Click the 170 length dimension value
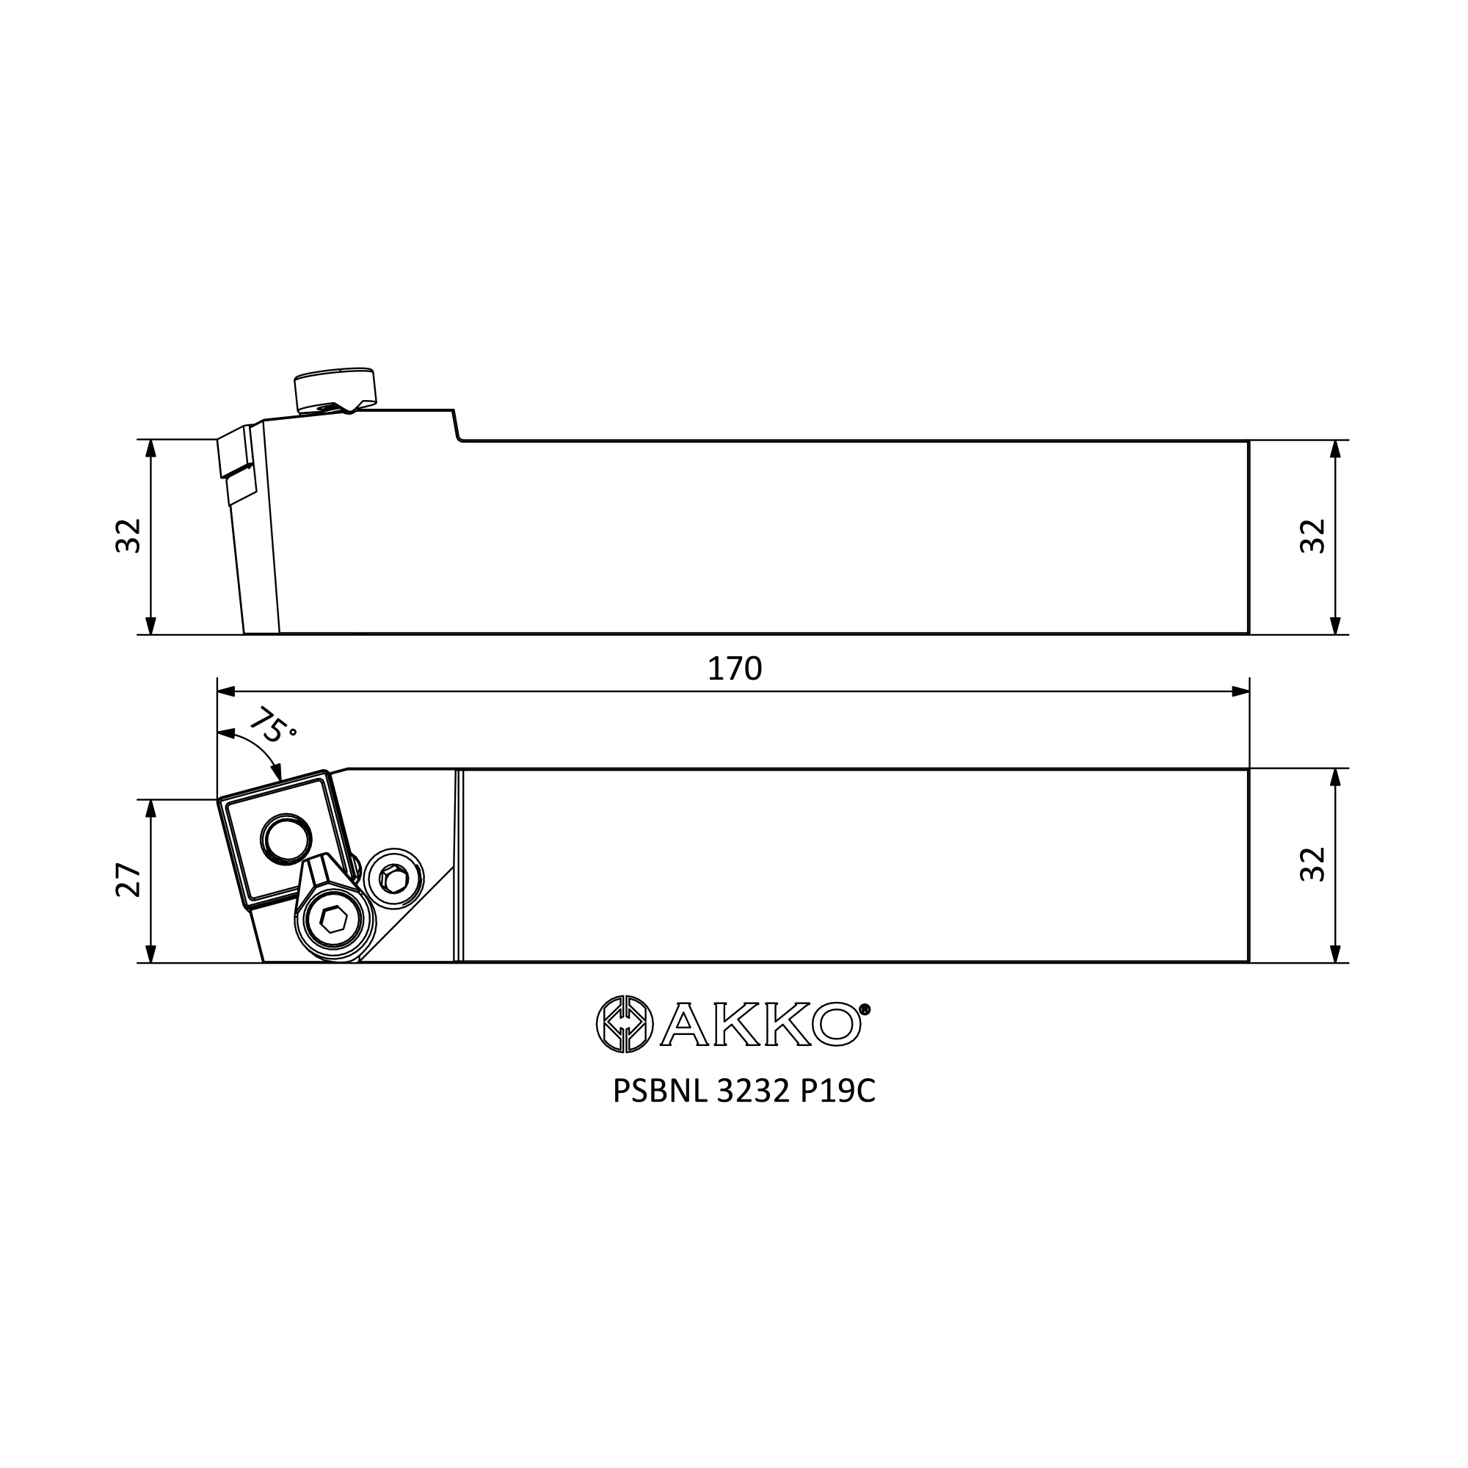734,669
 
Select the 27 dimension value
128,881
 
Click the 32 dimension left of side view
128,536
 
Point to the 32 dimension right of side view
1313,536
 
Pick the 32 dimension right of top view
1313,864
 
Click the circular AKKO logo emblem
625,1024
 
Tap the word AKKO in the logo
760,1025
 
